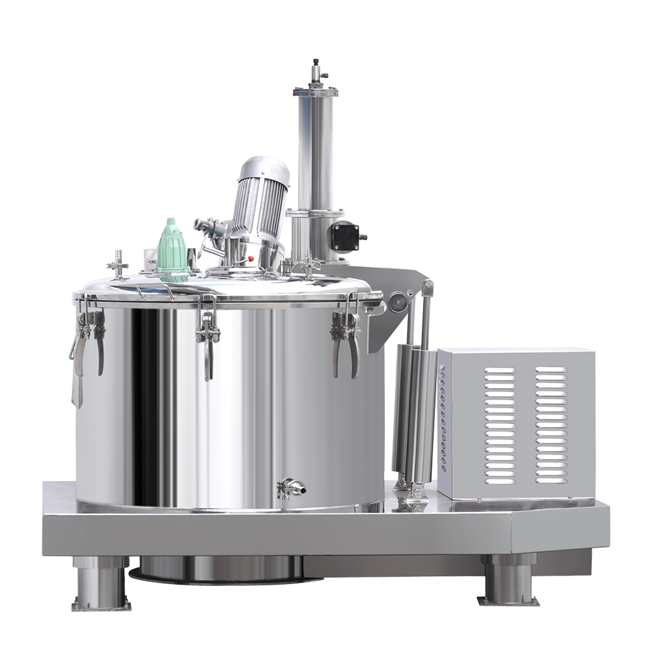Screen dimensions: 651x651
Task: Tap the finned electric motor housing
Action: coord(260,199)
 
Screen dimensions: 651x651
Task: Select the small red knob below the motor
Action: coord(251,258)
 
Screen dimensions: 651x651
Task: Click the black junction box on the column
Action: coord(344,236)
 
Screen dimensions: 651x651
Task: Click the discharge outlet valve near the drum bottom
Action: coord(290,488)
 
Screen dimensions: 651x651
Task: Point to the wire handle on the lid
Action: coord(156,290)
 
